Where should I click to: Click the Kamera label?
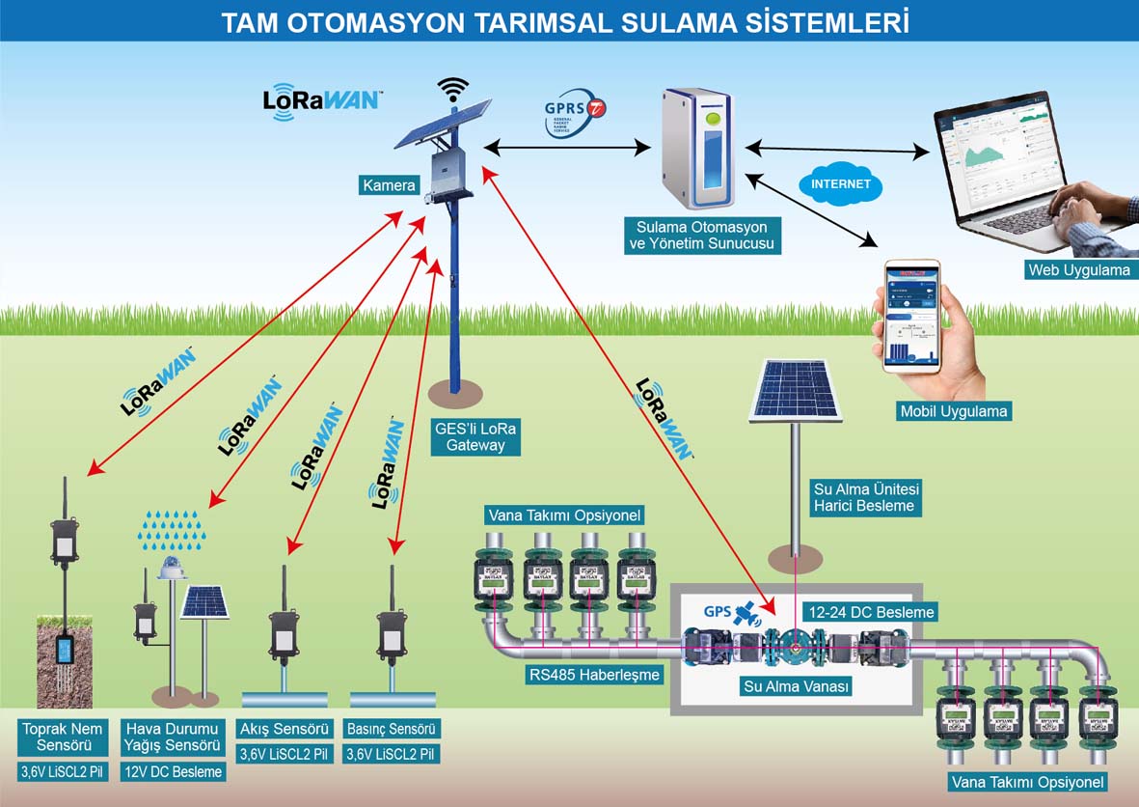[390, 184]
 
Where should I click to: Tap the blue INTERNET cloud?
[840, 183]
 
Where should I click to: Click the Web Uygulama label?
[1078, 270]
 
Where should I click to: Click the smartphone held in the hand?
[911, 317]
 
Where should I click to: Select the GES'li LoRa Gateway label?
[475, 436]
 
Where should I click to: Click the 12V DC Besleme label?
[175, 771]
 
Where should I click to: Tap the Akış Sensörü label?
[285, 728]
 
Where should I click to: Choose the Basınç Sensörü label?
[393, 728]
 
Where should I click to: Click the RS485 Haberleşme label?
[594, 675]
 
